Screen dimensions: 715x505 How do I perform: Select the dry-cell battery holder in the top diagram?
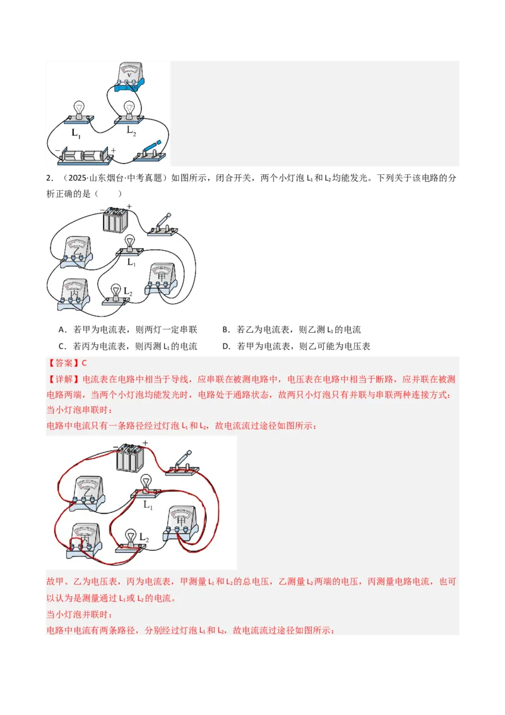[x=85, y=156]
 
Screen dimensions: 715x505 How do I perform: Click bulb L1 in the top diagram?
[x=80, y=111]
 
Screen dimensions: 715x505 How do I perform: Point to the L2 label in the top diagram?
[x=131, y=130]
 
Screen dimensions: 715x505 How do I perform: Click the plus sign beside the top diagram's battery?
[x=113, y=150]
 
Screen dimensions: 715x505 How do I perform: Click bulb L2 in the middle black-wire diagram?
[x=116, y=293]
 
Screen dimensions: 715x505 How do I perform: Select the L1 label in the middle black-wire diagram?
[x=131, y=261]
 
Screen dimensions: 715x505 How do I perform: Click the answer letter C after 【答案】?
[x=84, y=363]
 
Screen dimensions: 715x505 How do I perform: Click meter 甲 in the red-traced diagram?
[x=183, y=523]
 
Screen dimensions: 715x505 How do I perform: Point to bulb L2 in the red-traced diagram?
[x=131, y=539]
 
